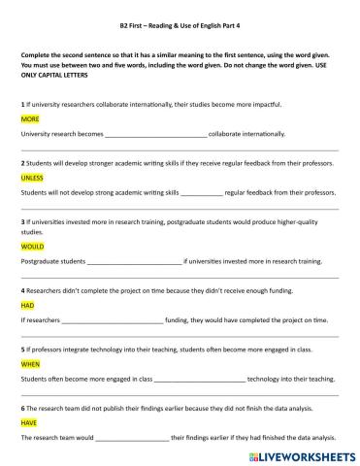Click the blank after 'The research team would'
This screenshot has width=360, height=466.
coord(131,437)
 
